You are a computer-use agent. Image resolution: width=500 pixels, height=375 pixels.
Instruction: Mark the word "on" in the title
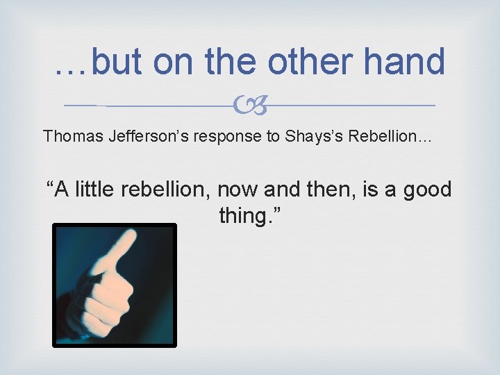175,62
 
